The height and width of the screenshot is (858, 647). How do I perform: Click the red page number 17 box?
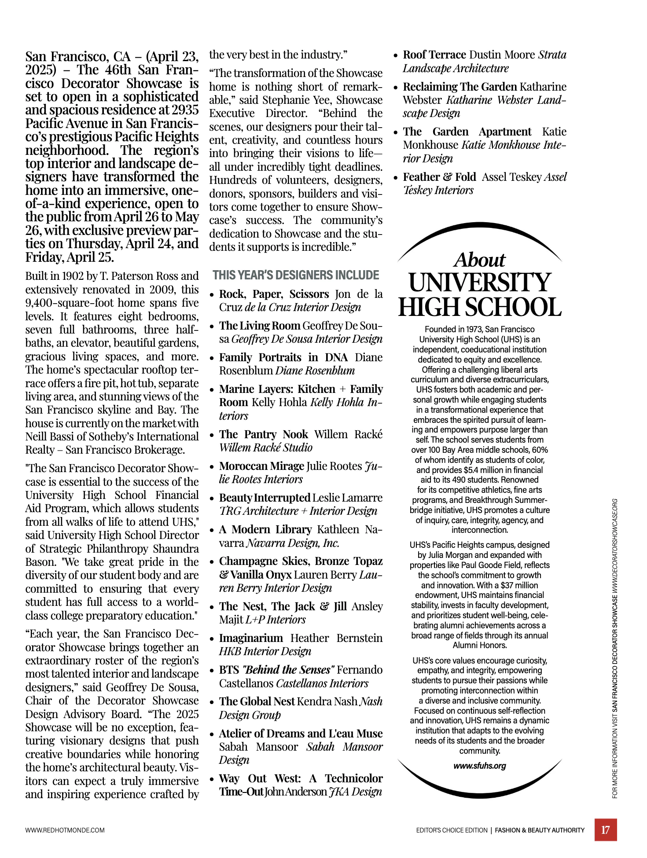[605, 829]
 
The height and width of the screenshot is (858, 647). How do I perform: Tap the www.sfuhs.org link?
[479, 766]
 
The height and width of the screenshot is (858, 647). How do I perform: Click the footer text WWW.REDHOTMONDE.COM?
[65, 830]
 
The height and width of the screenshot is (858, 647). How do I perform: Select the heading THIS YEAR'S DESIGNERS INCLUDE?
[296, 275]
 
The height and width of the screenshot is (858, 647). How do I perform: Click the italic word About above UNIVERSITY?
[480, 260]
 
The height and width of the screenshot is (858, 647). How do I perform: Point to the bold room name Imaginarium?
[251, 638]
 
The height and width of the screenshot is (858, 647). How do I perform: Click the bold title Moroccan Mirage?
[261, 466]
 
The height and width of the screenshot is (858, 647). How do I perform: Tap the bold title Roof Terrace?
[434, 55]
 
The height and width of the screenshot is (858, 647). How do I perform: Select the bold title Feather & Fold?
[439, 177]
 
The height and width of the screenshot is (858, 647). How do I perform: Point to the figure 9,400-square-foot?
[67, 303]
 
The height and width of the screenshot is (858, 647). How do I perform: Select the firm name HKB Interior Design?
[265, 651]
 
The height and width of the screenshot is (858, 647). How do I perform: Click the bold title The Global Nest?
[257, 701]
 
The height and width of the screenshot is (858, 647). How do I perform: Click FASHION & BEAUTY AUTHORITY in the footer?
[540, 830]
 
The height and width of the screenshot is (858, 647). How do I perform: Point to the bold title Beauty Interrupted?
[265, 498]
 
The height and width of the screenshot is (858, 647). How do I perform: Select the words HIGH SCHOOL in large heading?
[480, 307]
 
